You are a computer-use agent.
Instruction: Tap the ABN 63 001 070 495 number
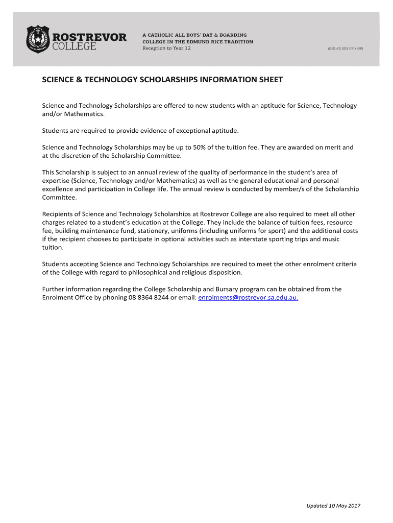(x=345, y=49)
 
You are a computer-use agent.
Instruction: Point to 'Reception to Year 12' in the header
(x=166, y=48)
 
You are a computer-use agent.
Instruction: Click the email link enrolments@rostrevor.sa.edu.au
(x=248, y=297)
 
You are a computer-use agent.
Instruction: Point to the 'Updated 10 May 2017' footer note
(x=333, y=506)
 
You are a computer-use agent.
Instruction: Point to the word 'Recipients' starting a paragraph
(x=58, y=214)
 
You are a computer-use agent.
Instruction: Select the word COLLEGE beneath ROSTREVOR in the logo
(x=75, y=47)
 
